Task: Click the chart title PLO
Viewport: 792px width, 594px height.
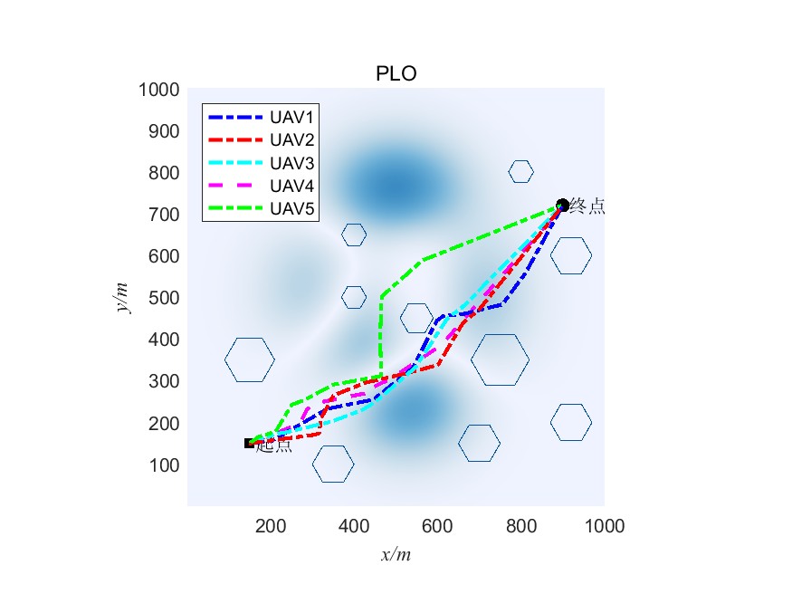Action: (396, 74)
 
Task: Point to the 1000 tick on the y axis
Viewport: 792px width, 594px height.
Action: (158, 90)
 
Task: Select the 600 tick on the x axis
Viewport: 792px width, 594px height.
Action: (437, 525)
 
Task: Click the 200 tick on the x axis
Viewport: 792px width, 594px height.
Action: (271, 525)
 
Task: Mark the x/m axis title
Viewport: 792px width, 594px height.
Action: (396, 554)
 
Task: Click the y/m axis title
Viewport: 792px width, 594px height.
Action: (122, 297)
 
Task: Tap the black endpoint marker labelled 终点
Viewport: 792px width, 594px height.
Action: (562, 206)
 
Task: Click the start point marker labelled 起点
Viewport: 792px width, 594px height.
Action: (250, 443)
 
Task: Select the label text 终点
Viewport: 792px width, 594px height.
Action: (587, 207)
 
